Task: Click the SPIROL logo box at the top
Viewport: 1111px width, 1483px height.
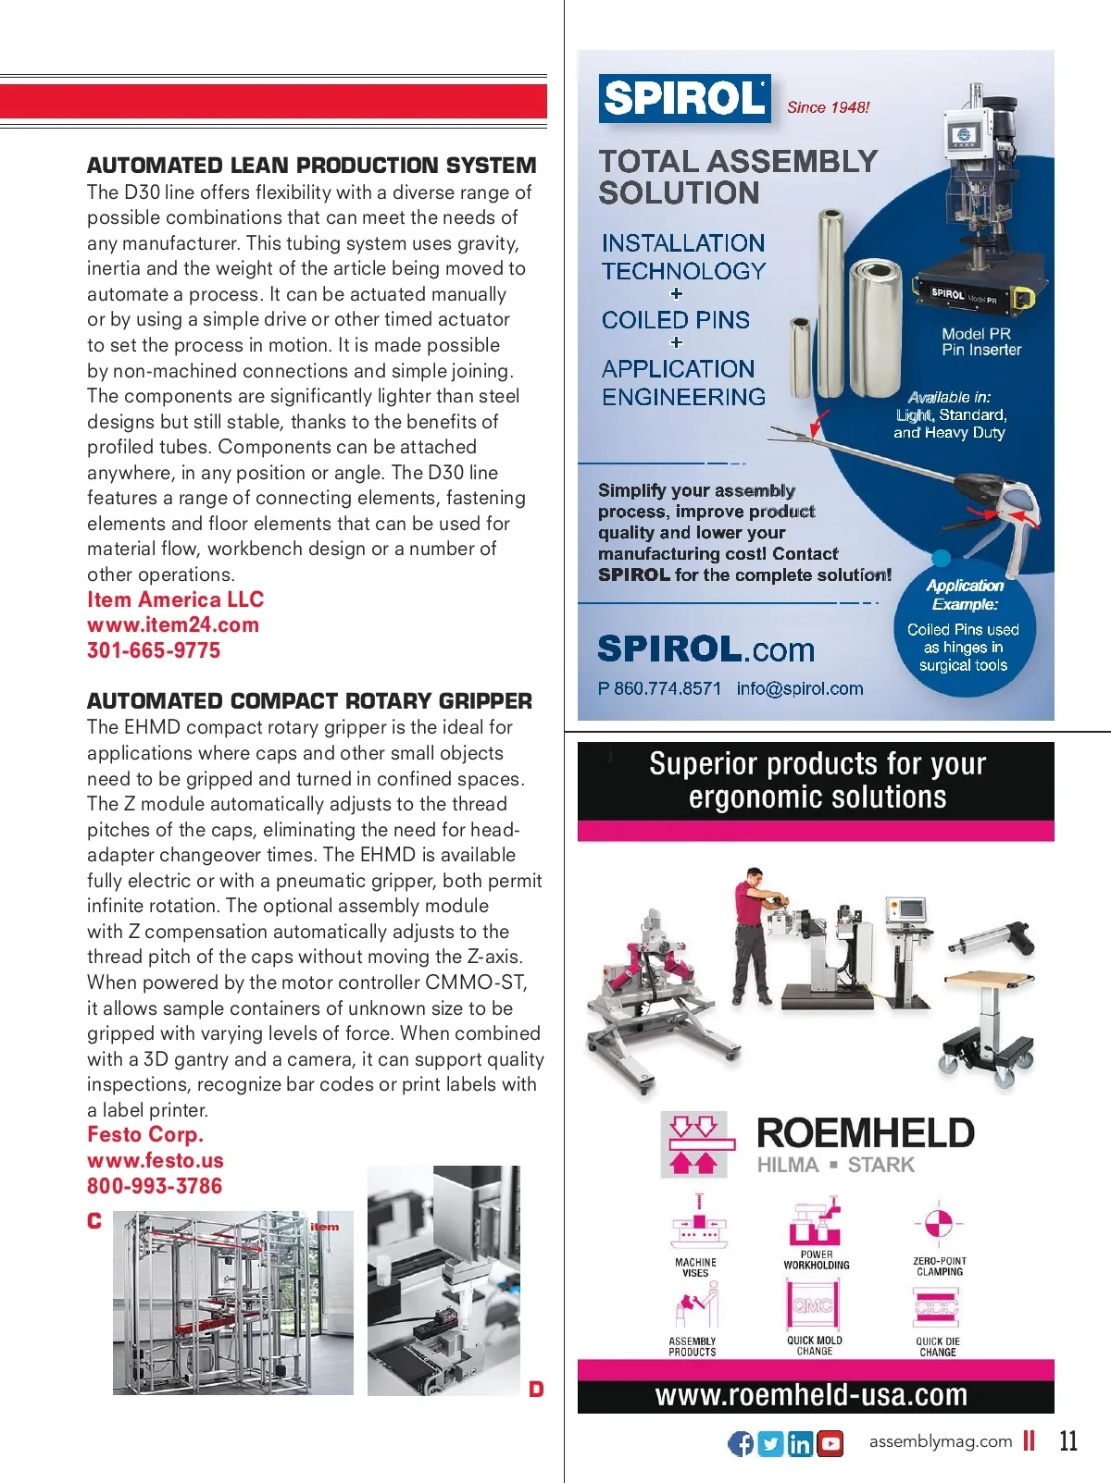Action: (x=684, y=98)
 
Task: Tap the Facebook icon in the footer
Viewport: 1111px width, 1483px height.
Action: (x=741, y=1443)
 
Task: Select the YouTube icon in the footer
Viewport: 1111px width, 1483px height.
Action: (x=830, y=1443)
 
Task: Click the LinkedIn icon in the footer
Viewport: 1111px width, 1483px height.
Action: (x=801, y=1443)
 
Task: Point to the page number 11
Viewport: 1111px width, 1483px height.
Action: (x=1068, y=1441)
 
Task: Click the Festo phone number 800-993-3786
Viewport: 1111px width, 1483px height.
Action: (x=155, y=1186)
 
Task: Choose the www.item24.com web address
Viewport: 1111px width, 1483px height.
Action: (x=173, y=624)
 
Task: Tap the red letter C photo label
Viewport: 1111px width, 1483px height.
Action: (x=94, y=1221)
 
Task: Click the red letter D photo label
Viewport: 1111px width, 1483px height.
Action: (x=536, y=1389)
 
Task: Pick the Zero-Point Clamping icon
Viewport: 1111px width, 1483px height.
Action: (x=939, y=1224)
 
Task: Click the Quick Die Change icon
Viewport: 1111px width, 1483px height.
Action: (x=937, y=1306)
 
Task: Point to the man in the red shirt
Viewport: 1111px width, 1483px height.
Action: (x=753, y=934)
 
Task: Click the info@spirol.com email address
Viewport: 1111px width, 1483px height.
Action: (x=800, y=688)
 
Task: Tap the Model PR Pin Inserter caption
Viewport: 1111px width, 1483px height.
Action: (x=980, y=342)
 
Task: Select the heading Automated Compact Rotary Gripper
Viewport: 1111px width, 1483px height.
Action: (x=309, y=700)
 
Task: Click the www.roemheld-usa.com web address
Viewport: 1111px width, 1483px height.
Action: (x=811, y=1395)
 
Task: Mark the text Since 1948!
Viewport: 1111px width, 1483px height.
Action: (x=828, y=107)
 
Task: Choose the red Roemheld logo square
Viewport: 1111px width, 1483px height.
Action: (x=694, y=1144)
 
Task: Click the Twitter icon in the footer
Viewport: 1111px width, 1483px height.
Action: (x=770, y=1443)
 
